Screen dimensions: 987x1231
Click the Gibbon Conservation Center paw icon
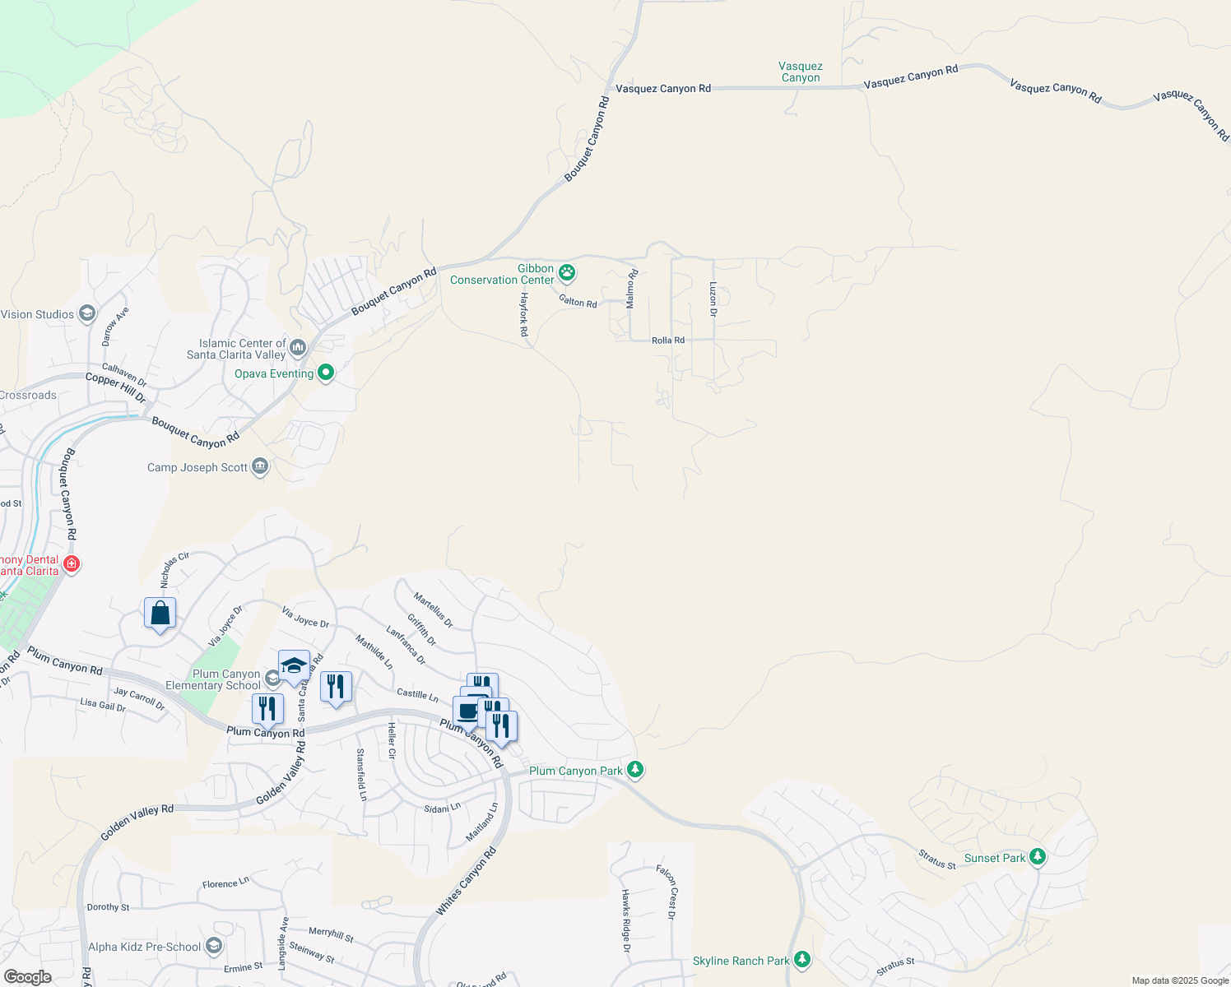tap(567, 271)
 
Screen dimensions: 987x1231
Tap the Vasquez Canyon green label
tap(800, 72)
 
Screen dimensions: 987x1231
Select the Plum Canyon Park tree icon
tap(634, 770)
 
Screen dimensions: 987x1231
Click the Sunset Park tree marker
tap(1038, 857)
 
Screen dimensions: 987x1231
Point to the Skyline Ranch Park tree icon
tap(802, 960)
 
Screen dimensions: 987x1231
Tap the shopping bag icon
tap(160, 614)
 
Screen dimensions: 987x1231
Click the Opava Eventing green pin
tap(326, 373)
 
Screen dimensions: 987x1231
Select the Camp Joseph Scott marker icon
tap(260, 467)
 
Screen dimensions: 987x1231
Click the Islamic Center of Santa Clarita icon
tap(298, 347)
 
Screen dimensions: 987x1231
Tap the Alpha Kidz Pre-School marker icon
tap(214, 947)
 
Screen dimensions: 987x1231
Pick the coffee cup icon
tap(467, 711)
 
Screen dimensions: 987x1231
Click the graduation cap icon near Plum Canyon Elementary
tap(294, 665)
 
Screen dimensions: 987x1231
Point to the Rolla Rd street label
tap(667, 340)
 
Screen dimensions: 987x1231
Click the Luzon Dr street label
tap(713, 299)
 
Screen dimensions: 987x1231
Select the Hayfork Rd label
tap(523, 314)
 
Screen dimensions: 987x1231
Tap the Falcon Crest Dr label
tap(667, 892)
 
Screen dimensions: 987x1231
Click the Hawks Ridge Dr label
tap(625, 920)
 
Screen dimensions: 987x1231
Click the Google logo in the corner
tap(27, 977)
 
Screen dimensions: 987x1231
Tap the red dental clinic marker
tap(72, 563)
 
